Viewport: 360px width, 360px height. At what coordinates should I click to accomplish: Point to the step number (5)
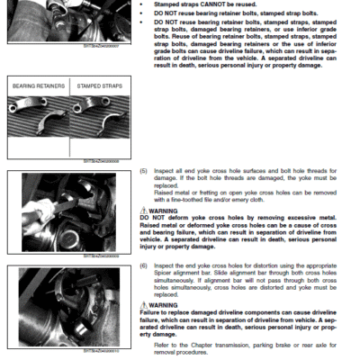coord(143,171)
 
